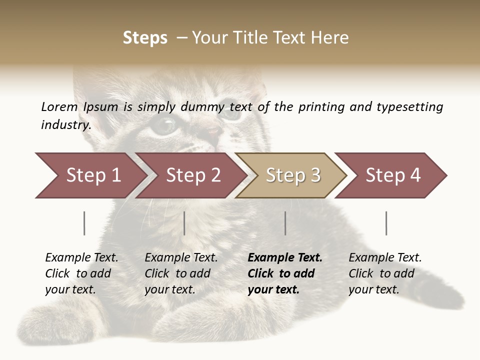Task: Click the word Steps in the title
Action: [x=145, y=38]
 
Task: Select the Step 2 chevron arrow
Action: [x=192, y=175]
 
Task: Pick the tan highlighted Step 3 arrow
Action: [x=292, y=175]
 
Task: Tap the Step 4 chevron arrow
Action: [x=392, y=175]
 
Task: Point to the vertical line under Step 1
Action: [x=84, y=223]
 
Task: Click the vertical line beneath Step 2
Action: [x=184, y=223]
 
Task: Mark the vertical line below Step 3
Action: [x=285, y=223]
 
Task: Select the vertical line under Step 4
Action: [x=386, y=223]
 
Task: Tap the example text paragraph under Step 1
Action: [x=81, y=273]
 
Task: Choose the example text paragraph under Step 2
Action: [x=181, y=273]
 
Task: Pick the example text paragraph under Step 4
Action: [x=385, y=273]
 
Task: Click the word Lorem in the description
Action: [x=59, y=106]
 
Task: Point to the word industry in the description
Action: [x=65, y=125]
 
